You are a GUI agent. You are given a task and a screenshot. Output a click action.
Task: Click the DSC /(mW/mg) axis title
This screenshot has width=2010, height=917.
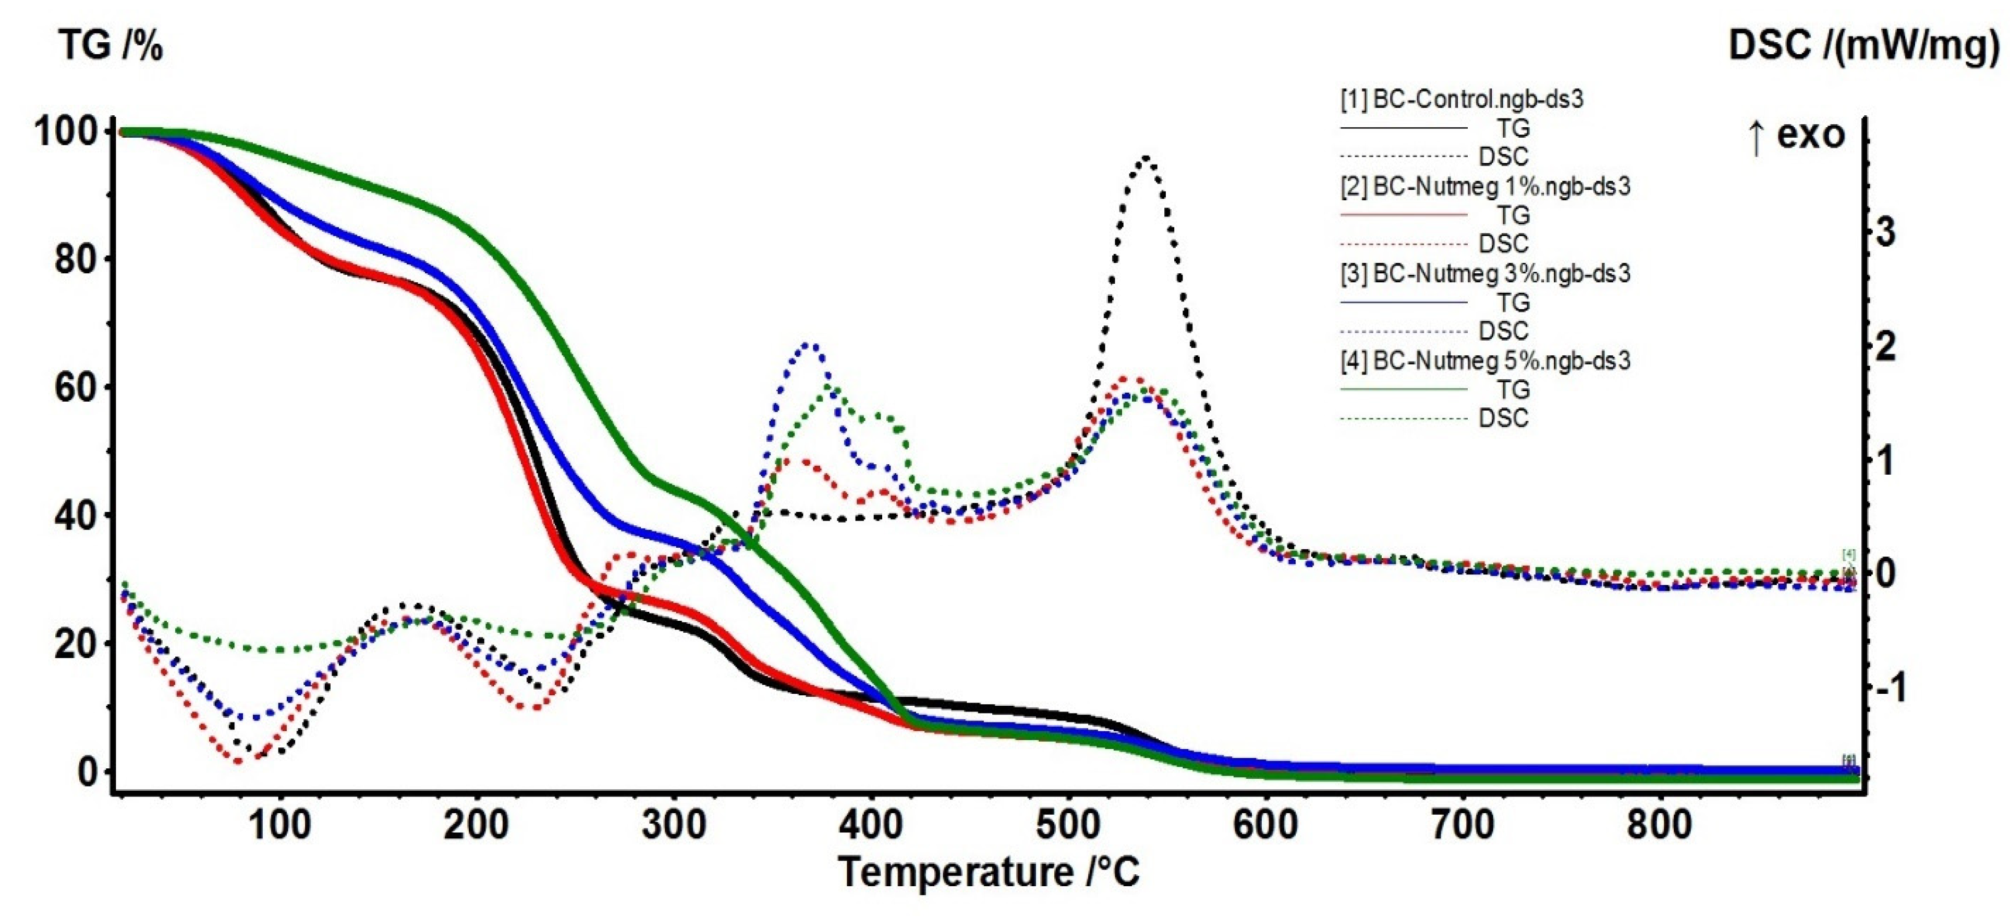pyautogui.click(x=1863, y=46)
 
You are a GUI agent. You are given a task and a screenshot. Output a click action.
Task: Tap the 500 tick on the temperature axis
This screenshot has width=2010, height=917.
pyautogui.click(x=1068, y=825)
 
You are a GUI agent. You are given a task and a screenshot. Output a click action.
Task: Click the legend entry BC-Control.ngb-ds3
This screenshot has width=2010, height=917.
pyautogui.click(x=1461, y=99)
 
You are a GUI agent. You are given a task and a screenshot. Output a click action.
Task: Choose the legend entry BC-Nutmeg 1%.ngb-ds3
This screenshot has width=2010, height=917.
pyautogui.click(x=1485, y=187)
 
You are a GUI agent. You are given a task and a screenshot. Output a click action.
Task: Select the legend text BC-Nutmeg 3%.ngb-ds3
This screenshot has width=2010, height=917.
pyautogui.click(x=1485, y=274)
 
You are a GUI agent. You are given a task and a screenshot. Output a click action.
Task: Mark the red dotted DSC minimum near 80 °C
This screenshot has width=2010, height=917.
pyautogui.click(x=238, y=761)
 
